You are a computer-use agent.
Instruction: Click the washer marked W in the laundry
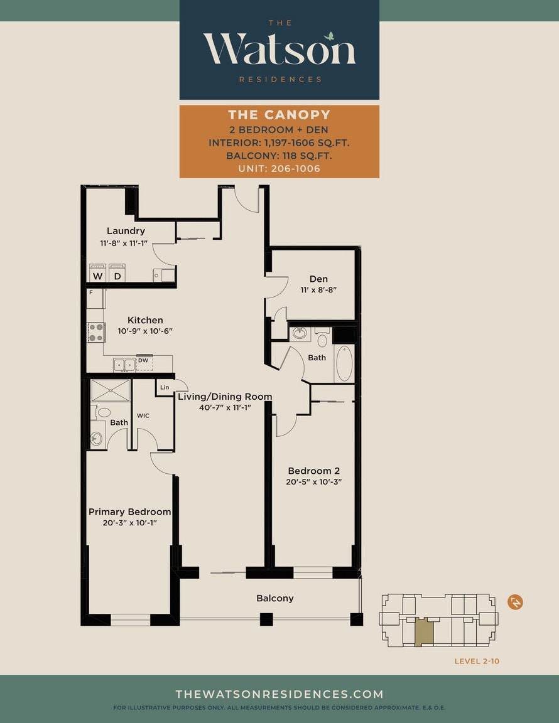(x=98, y=272)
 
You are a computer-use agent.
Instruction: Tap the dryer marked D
(x=117, y=272)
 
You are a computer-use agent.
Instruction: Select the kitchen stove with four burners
(x=97, y=333)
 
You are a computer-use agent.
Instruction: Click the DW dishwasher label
(x=143, y=360)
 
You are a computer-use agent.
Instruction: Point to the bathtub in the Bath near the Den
(x=344, y=363)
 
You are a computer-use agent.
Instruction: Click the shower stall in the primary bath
(x=111, y=390)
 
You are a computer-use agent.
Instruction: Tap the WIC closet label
(x=143, y=415)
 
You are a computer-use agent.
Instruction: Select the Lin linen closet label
(x=165, y=387)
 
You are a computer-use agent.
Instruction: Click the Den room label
(x=318, y=279)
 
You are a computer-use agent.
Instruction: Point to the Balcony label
(x=275, y=598)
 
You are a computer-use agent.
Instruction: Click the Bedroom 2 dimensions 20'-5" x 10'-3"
(x=314, y=482)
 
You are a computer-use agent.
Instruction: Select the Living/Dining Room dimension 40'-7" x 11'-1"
(x=225, y=407)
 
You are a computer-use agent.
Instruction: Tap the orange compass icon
(x=515, y=602)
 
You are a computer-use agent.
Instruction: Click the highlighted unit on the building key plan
(x=424, y=633)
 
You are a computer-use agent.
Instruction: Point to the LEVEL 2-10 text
(x=477, y=661)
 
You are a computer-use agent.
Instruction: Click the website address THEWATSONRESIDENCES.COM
(x=279, y=694)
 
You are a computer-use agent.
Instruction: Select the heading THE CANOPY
(x=279, y=114)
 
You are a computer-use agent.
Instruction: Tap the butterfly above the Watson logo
(x=329, y=36)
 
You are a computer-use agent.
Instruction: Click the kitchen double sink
(x=124, y=365)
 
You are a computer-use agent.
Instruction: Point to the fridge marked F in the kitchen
(x=95, y=298)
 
